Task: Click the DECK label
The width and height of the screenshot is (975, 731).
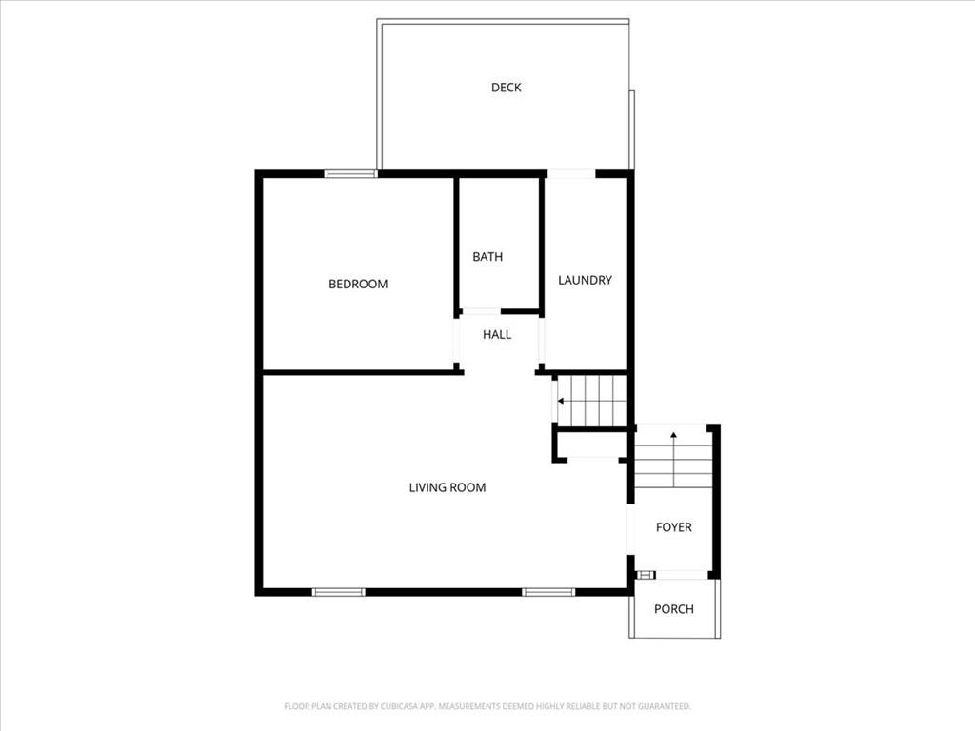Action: (x=506, y=88)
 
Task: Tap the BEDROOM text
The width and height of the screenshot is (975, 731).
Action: (x=358, y=284)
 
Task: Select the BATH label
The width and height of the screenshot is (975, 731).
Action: (x=487, y=257)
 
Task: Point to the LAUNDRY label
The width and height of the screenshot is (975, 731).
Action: (x=585, y=281)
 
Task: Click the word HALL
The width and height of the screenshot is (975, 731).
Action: (x=497, y=335)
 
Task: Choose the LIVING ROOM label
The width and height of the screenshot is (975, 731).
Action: (x=448, y=487)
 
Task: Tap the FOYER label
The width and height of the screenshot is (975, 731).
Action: (x=673, y=527)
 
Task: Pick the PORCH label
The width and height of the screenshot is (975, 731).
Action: (x=673, y=609)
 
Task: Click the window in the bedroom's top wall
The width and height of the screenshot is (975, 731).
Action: (x=350, y=174)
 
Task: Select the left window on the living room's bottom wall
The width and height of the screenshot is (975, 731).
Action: (x=338, y=592)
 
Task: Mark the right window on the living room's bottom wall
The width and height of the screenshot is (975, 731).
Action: (x=548, y=592)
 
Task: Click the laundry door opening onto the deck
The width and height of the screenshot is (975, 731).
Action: (x=571, y=174)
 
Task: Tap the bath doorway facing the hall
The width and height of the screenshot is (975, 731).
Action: (x=481, y=311)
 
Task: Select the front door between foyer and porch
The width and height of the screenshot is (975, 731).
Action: (x=680, y=575)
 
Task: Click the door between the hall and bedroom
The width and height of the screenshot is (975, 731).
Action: (x=456, y=341)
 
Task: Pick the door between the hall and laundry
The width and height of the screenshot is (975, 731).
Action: (x=541, y=341)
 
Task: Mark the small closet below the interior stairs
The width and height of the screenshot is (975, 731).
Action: (x=590, y=445)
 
